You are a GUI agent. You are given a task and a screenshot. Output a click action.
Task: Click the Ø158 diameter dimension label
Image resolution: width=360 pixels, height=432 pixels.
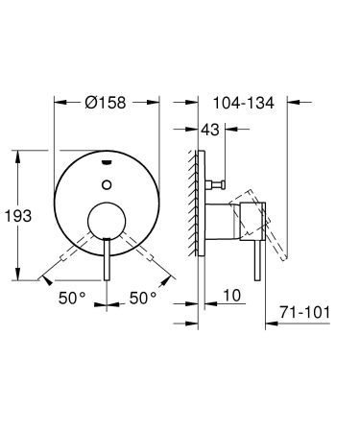click(107, 101)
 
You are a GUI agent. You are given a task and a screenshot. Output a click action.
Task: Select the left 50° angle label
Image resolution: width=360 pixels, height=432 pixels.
click(70, 299)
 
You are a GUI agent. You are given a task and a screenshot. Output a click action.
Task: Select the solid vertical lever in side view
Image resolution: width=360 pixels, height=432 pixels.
click(257, 252)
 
